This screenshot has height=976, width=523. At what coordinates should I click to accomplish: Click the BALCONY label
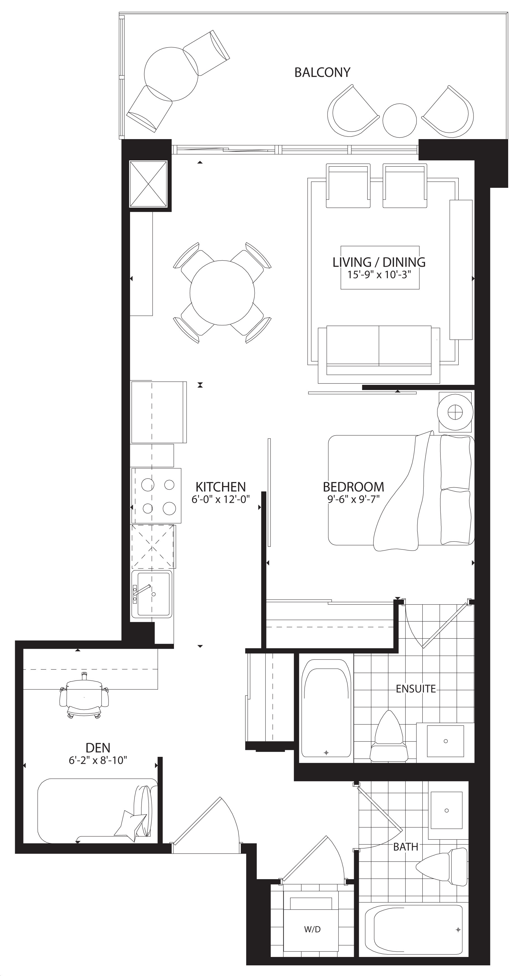[x=322, y=72]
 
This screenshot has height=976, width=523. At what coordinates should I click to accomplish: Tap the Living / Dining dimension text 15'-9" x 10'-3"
[x=379, y=275]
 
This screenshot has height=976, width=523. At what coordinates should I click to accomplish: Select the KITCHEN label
[x=220, y=486]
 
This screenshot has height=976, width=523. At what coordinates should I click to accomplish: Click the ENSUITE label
[x=416, y=689]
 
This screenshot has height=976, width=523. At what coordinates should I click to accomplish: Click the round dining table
[x=222, y=292]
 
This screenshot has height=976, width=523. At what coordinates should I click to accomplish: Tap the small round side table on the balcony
[x=400, y=120]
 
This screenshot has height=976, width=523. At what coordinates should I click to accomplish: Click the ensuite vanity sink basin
[x=445, y=741]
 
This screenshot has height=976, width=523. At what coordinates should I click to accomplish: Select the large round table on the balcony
[x=171, y=74]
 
